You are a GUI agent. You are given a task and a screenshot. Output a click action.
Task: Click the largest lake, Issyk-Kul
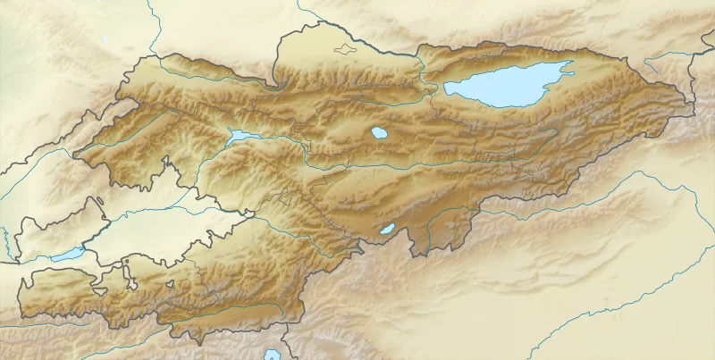tap(505, 85)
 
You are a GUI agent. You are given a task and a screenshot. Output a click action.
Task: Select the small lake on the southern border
tap(387, 229)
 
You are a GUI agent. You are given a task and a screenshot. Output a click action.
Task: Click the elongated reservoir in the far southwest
tap(67, 255)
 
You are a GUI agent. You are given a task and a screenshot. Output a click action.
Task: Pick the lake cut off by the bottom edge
tap(272, 355)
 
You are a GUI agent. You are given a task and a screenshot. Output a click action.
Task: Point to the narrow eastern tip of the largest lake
tap(567, 64)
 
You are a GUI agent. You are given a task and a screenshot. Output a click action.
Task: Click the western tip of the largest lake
tap(446, 88)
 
